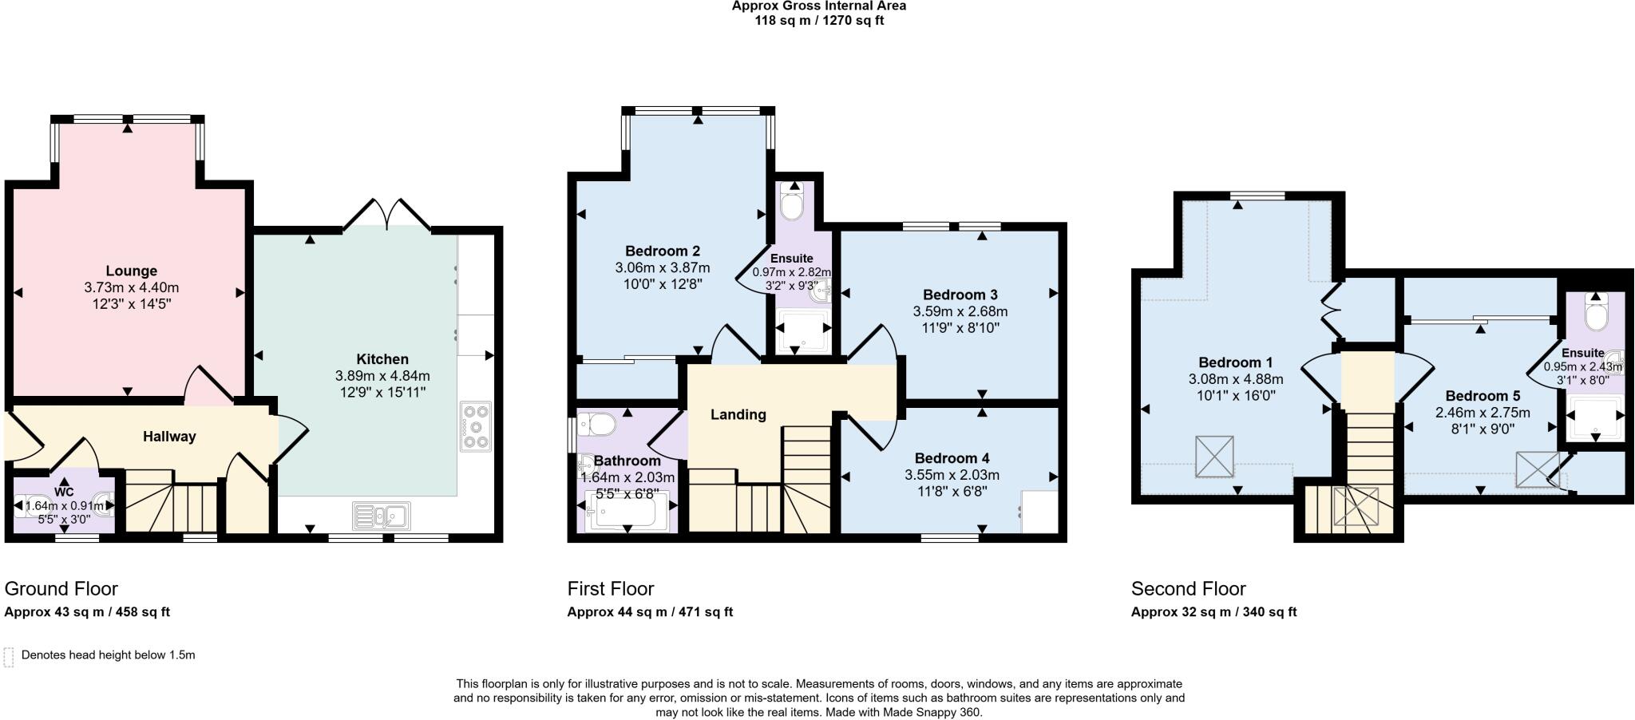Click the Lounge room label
pos(131,271)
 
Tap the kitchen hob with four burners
pos(477,427)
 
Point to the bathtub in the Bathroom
pos(626,512)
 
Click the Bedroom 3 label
pos(960,295)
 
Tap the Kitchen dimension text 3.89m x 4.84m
pos(382,376)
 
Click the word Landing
pos(738,414)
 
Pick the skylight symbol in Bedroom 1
pos(1214,457)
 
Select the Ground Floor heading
pos(61,589)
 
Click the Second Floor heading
pos(1188,589)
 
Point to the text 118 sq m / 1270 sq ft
pos(819,21)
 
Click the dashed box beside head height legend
pos(9,656)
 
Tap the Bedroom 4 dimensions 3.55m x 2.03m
pos(952,475)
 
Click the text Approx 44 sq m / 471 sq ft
pos(650,612)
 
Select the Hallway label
pos(169,437)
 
